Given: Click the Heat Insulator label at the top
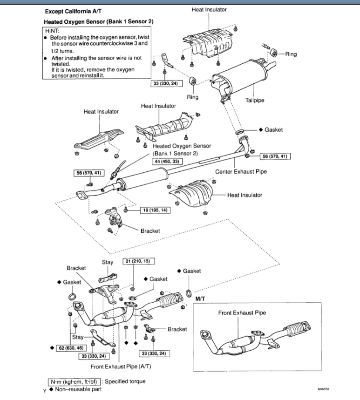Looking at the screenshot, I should [x=209, y=10].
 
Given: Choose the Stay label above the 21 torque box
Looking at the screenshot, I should [x=107, y=262].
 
